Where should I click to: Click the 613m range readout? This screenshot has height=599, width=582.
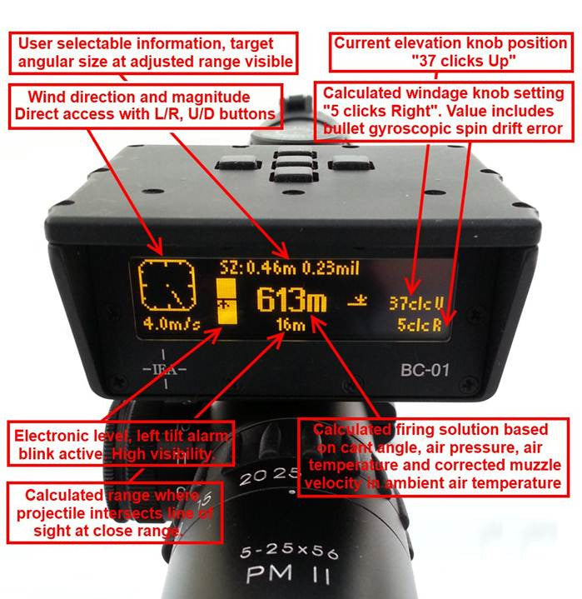(x=291, y=300)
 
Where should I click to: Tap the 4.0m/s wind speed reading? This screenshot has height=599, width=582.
(x=172, y=324)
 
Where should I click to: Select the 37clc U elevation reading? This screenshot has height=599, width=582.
(x=416, y=303)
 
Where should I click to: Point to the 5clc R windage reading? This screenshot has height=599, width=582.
(x=420, y=325)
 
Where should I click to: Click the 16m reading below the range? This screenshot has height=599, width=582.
(x=291, y=324)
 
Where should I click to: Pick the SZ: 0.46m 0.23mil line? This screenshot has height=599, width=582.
(x=290, y=267)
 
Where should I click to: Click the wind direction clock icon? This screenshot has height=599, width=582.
(x=167, y=285)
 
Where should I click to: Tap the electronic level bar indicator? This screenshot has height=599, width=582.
(x=226, y=302)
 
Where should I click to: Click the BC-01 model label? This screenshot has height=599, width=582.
(x=425, y=370)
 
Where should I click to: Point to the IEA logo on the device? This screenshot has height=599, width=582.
(x=165, y=369)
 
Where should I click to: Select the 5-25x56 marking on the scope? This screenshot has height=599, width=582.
(x=289, y=552)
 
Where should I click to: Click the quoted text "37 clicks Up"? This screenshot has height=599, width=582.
(x=464, y=61)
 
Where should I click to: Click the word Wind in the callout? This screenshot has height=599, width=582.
(x=44, y=97)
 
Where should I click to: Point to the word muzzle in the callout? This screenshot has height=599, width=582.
(x=535, y=465)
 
